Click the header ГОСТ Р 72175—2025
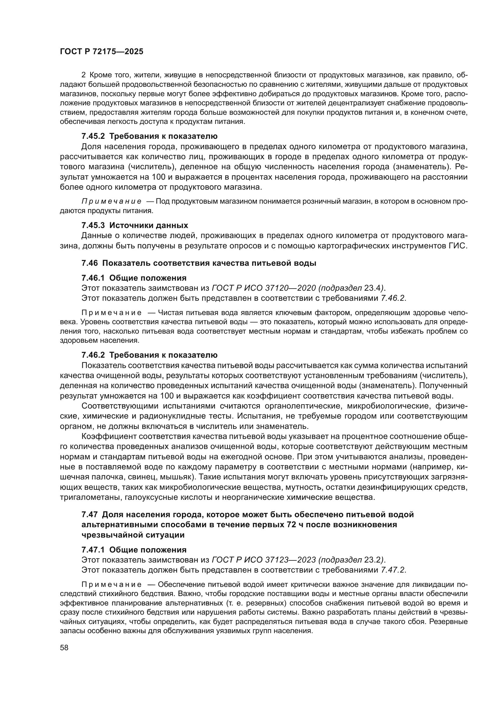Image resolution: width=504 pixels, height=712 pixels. pyautogui.click(x=101, y=52)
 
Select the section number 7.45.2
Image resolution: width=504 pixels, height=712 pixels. pyautogui.click(x=93, y=136)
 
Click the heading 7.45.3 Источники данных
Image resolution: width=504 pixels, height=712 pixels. pyautogui.click(x=135, y=225)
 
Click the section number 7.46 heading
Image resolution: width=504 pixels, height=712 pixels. pyautogui.click(x=89, y=263)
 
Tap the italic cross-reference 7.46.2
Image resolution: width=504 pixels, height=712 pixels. pyautogui.click(x=393, y=298)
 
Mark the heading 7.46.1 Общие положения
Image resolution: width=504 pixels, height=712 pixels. pyautogui.click(x=134, y=278)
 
